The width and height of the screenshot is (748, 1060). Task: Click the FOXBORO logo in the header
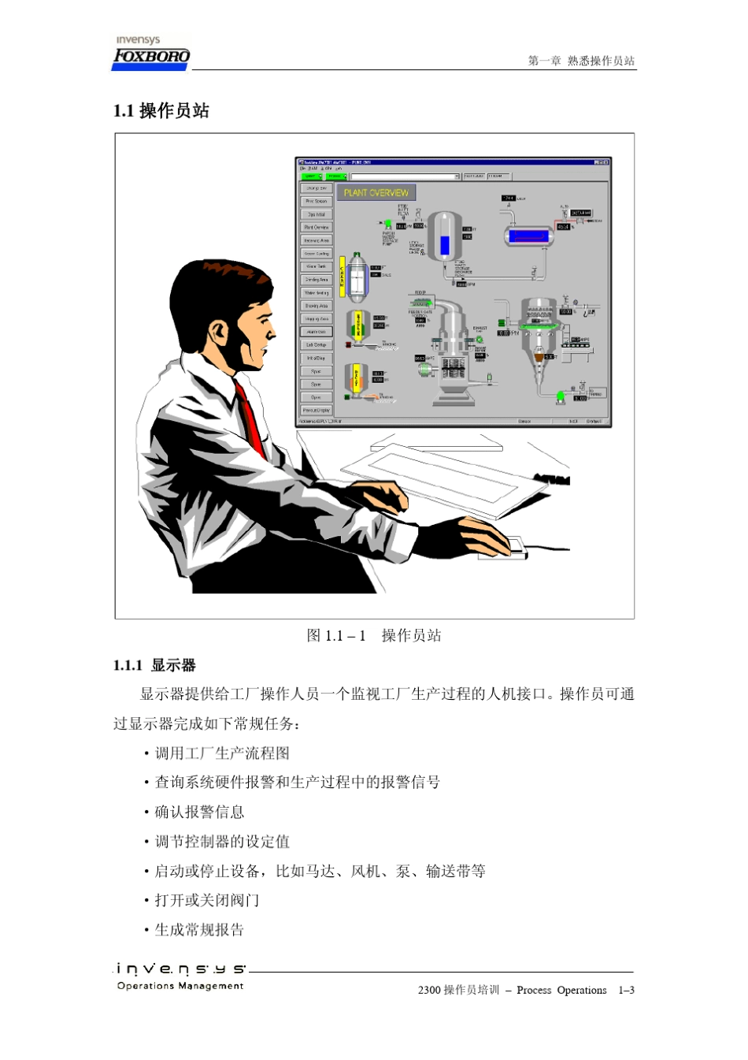(151, 56)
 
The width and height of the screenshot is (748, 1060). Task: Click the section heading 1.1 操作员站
(161, 111)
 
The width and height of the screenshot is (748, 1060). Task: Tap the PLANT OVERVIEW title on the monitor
(376, 192)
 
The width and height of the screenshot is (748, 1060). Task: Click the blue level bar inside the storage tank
(445, 244)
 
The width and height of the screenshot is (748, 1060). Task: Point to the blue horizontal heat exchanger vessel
(528, 235)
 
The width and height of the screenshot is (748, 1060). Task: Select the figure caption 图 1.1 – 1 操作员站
(374, 635)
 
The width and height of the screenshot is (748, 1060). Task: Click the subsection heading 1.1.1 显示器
(154, 665)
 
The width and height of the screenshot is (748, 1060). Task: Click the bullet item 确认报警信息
(199, 812)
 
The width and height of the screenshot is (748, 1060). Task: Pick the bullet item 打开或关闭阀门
(207, 900)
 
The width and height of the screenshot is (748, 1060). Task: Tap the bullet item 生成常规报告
(199, 930)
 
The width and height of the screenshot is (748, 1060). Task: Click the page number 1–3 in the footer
(626, 990)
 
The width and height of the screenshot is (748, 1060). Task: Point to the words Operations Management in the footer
(180, 986)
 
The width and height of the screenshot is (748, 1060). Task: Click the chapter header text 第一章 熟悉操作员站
(581, 61)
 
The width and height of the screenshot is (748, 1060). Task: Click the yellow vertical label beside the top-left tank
(343, 276)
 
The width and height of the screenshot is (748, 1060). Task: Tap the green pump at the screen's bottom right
(561, 396)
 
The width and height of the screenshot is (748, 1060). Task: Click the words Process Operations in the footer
(561, 990)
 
